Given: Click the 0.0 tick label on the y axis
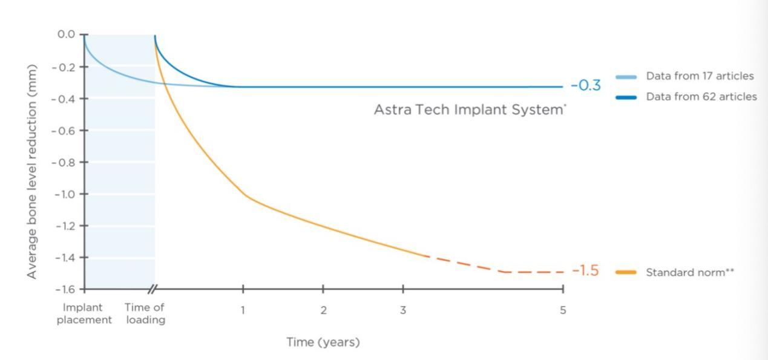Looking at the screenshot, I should tap(66, 34).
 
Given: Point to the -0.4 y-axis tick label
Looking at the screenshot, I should tap(64, 99).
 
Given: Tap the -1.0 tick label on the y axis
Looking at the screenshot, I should tap(64, 194).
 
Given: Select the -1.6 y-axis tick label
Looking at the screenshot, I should tap(64, 290).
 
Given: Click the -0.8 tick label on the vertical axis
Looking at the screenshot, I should tap(64, 162).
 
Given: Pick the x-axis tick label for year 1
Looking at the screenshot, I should tap(243, 310).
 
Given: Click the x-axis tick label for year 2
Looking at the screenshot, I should tap(323, 310).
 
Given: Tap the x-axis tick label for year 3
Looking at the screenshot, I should tap(403, 310).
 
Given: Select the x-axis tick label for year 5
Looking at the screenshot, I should tap(563, 310).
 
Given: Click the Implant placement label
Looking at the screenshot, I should tap(84, 314).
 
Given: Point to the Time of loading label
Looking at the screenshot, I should tap(145, 314).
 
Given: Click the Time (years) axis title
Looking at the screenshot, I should tap(323, 342).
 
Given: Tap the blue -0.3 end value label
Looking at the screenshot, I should tap(586, 86).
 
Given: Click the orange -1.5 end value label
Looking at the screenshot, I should tap(585, 271).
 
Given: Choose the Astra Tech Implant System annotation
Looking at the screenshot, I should tap(470, 110).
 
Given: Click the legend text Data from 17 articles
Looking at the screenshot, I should tap(700, 76).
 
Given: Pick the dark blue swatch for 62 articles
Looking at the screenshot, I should tap(626, 97).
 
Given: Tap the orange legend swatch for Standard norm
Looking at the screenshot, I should tap(626, 272).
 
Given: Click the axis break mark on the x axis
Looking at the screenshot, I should tap(153, 289).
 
